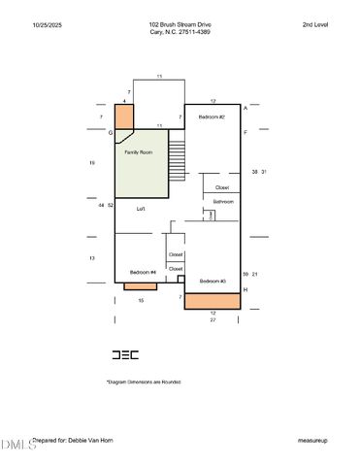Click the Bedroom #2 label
(212, 116)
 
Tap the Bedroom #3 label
(213, 281)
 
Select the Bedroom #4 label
(143, 272)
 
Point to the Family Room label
(139, 152)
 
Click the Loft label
(140, 209)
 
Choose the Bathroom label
(224, 201)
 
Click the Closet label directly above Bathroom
(222, 187)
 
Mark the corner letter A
(245, 107)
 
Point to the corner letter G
(111, 131)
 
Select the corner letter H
(245, 289)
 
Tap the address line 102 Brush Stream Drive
(180, 24)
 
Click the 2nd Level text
(314, 24)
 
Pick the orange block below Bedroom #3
(213, 302)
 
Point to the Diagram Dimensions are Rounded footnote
(144, 382)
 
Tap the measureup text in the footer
(312, 440)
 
